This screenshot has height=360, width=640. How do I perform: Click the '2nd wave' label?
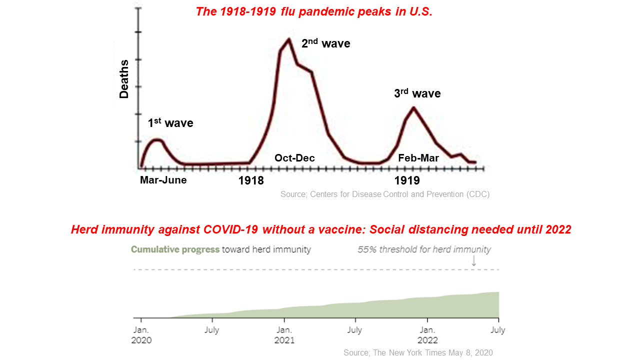pos(325,44)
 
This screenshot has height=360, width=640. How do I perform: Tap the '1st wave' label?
pos(170,123)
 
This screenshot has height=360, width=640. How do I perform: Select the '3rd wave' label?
pos(417,93)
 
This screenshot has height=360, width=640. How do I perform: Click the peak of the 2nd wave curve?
pos(288,39)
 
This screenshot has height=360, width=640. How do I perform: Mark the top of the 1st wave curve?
pos(156,139)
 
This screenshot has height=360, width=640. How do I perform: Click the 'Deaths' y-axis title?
pos(124,78)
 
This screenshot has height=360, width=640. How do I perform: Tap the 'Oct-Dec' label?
pos(294,158)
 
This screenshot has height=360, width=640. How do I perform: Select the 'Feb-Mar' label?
pos(418,158)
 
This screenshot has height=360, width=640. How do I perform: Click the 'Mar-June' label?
pos(163,180)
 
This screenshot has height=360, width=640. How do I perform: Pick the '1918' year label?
pos(251,180)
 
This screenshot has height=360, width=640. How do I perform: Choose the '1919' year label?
pos(407,180)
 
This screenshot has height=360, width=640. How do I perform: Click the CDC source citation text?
pos(385,194)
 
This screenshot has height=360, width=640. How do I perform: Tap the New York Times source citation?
pos(418,352)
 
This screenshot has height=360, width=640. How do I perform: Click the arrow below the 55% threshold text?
pos(474,260)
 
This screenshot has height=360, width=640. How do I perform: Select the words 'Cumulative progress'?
pos(175,249)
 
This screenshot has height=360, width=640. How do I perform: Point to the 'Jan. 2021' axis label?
pos(284,335)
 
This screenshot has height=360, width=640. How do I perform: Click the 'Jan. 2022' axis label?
pos(427,335)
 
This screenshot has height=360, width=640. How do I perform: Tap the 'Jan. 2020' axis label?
pos(141,335)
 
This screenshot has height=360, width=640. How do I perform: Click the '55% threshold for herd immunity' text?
pos(424,249)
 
